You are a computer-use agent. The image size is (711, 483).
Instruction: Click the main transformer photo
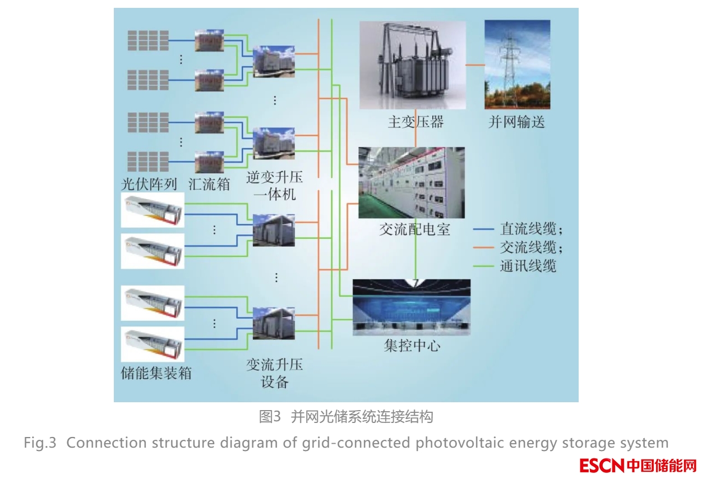413,65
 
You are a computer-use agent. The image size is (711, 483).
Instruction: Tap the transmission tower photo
518,65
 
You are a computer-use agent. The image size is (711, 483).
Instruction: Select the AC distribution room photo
412,182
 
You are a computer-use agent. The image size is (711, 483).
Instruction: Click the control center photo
412,307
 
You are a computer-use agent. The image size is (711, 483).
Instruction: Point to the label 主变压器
415,122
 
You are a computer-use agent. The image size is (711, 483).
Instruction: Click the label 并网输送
517,122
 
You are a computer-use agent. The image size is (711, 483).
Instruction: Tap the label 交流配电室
414,229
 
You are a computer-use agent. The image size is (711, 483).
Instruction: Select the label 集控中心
412,346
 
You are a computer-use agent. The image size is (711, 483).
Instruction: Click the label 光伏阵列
149,184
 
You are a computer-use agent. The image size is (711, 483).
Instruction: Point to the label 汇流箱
209,184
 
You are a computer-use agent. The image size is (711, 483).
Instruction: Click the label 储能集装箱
156,373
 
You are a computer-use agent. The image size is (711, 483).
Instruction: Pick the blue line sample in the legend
483,229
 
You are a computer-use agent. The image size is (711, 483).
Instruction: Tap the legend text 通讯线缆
528,266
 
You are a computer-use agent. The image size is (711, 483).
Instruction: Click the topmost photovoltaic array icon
148,40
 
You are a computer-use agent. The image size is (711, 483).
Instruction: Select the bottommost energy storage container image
153,344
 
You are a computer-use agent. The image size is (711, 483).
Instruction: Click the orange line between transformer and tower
475,65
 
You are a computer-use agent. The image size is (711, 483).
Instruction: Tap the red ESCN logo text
638,466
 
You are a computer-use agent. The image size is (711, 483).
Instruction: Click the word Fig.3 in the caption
40,443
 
